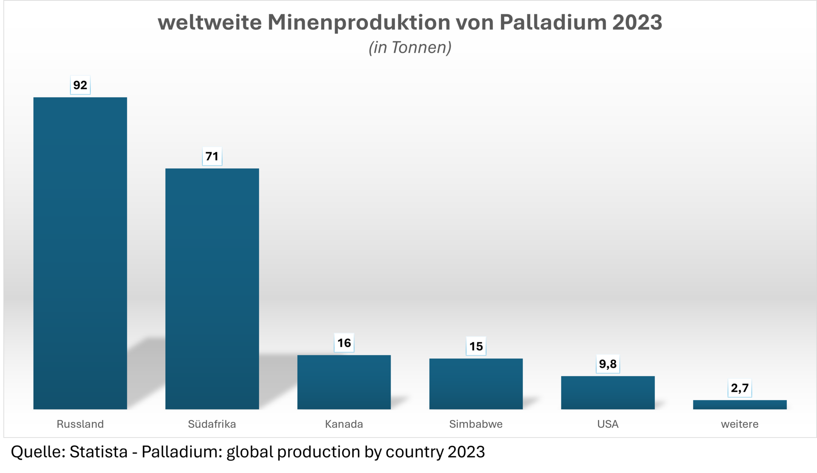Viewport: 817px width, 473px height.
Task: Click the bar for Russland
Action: tap(80, 253)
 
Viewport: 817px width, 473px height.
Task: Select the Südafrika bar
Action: tap(212, 289)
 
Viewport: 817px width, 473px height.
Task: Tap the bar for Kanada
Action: tap(344, 382)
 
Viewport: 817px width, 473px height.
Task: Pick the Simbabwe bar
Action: tap(476, 384)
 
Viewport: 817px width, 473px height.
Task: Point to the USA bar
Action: tap(608, 393)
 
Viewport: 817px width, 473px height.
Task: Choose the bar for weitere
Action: tap(740, 404)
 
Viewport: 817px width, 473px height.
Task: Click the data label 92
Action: tap(80, 85)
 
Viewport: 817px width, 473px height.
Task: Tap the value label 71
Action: tap(212, 156)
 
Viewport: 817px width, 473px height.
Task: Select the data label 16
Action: tap(344, 343)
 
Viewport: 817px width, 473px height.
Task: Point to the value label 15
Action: tap(476, 346)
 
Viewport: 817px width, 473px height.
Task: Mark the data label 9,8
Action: tap(608, 364)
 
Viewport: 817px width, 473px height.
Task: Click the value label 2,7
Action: tap(740, 388)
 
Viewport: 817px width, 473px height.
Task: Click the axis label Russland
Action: tap(80, 424)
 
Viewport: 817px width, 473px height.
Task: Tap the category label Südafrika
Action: tap(212, 424)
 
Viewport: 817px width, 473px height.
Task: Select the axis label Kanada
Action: tap(344, 424)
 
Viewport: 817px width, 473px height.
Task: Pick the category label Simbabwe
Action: tap(476, 424)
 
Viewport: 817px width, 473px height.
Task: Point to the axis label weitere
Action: tap(740, 424)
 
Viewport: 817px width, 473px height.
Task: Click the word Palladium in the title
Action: tap(553, 22)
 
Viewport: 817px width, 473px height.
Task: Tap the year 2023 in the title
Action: tap(637, 22)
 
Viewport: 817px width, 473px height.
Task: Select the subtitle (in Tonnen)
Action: tap(410, 47)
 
